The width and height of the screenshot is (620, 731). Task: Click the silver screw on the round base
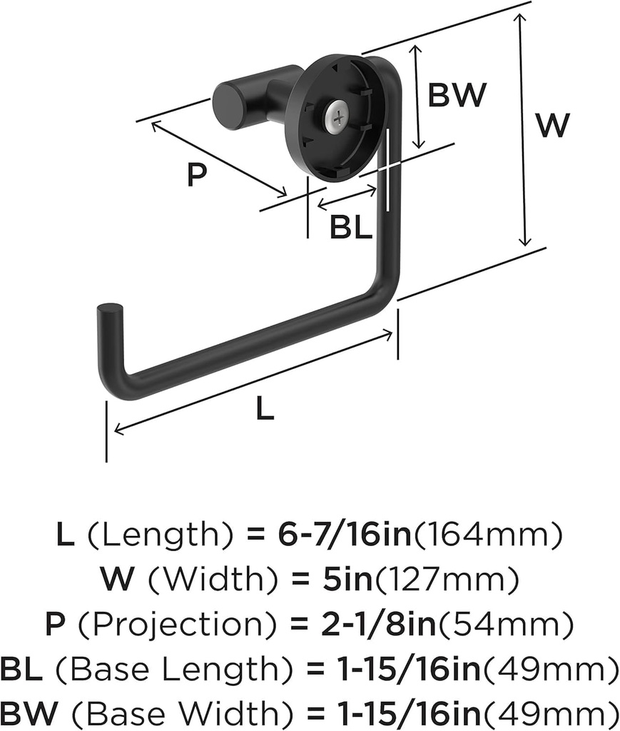coord(337,116)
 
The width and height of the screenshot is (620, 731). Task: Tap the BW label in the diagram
coord(457,94)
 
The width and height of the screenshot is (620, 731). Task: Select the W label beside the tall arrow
coord(554,126)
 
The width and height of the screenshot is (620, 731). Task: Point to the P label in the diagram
coord(197,174)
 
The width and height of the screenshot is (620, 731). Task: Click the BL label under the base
coord(351,228)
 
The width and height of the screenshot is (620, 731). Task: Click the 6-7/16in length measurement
coord(345,535)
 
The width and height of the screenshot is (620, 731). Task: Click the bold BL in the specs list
coord(23,671)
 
